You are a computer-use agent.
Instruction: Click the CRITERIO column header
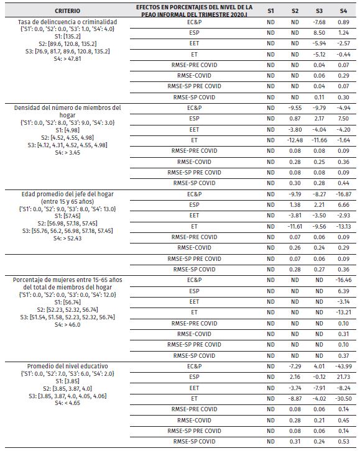[67, 11]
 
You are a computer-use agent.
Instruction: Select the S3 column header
[319, 11]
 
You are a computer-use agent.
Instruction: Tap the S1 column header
[270, 11]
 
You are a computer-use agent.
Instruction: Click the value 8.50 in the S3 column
[319, 32]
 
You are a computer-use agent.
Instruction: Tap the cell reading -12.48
[295, 139]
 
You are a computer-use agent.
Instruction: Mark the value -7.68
[319, 22]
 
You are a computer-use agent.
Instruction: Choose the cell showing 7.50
[344, 118]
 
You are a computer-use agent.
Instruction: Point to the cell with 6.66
[344, 204]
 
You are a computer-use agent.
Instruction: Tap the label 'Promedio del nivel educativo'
[67, 367]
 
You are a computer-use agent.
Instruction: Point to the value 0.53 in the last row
[344, 442]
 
